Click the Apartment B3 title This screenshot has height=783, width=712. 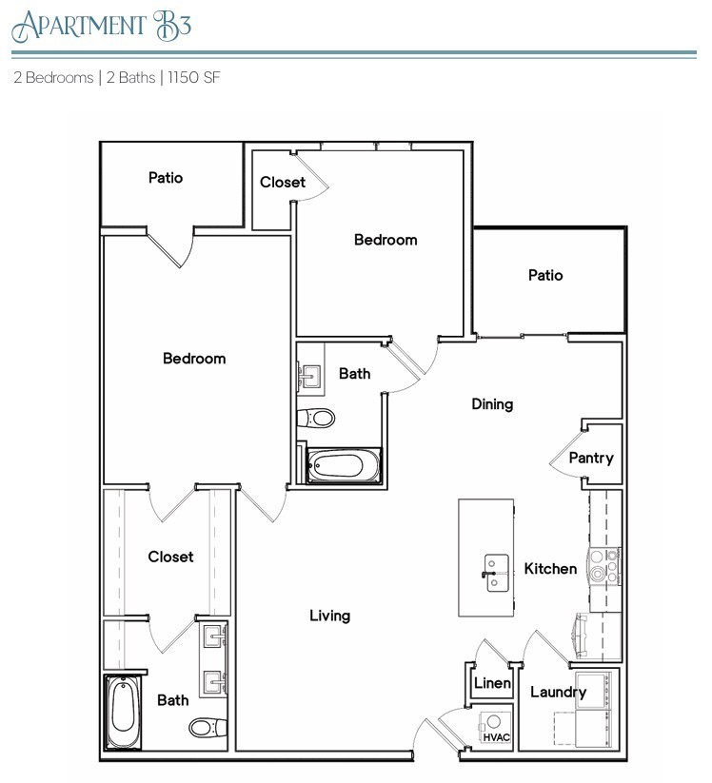click(102, 25)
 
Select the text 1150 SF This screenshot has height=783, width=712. click(194, 78)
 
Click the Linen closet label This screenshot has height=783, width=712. click(492, 683)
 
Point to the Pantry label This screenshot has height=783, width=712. click(590, 458)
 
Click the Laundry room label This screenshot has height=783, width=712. click(558, 692)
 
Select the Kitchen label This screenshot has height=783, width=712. click(550, 568)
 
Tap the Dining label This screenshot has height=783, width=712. click(492, 403)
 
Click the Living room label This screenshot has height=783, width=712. click(329, 616)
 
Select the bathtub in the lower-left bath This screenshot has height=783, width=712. click(123, 711)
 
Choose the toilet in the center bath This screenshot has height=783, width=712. click(318, 418)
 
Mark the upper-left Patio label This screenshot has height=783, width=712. click(166, 177)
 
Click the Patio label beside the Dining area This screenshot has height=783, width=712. click(545, 275)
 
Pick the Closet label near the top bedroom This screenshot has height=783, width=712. click(283, 182)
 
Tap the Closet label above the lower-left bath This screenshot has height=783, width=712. click(170, 557)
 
